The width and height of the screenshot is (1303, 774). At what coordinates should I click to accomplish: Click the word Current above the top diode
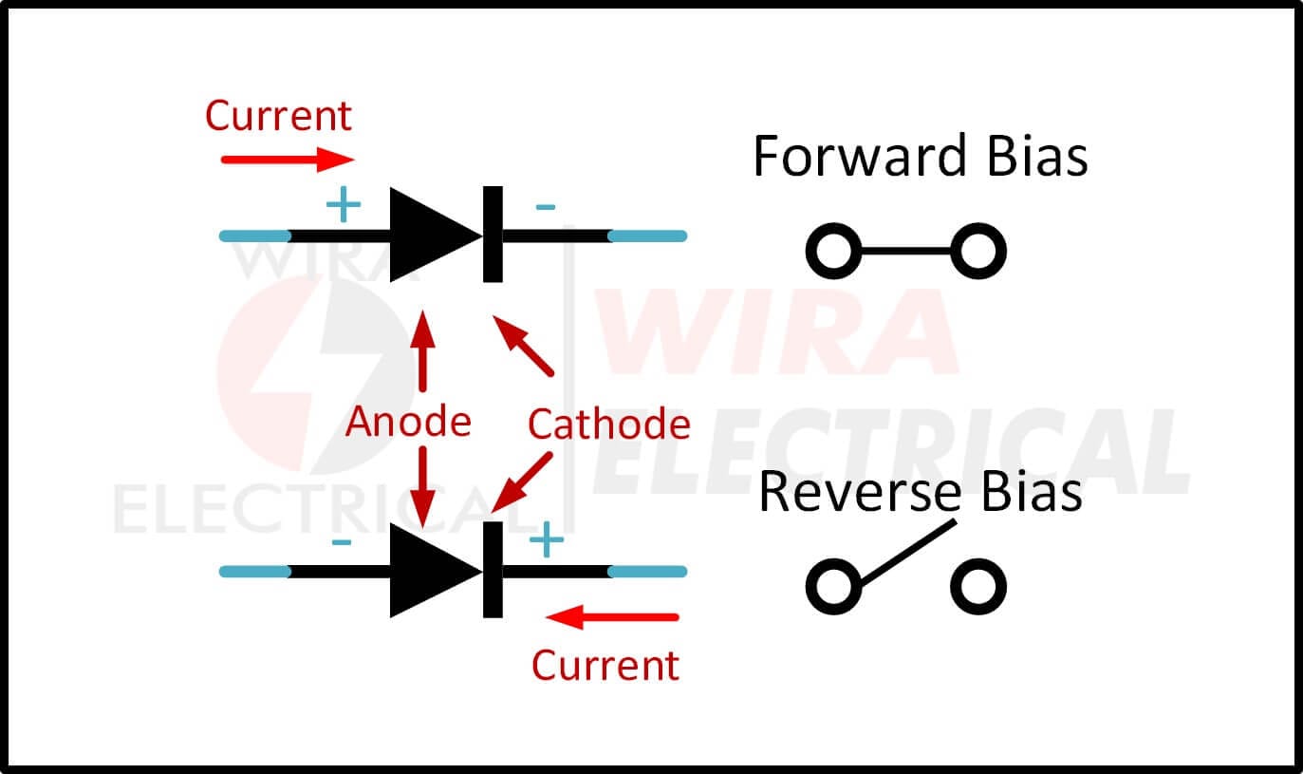(278, 116)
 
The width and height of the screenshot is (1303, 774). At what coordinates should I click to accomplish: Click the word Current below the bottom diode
(605, 665)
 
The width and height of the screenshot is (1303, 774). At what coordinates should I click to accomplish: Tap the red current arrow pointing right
(288, 160)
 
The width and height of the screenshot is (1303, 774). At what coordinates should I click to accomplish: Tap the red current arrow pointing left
(612, 617)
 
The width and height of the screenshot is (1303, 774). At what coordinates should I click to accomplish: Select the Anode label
(408, 421)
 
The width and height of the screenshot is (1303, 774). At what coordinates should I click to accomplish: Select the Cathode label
(609, 424)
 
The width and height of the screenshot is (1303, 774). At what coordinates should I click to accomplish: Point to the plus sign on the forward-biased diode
(344, 204)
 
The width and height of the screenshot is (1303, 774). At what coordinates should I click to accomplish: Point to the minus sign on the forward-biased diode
(545, 207)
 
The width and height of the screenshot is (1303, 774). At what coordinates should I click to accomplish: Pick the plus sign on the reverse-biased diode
(547, 540)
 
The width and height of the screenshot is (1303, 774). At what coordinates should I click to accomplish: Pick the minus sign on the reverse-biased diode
(342, 542)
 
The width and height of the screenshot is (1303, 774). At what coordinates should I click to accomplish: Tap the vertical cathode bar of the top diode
(493, 235)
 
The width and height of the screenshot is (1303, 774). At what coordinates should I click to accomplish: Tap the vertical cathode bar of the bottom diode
(493, 570)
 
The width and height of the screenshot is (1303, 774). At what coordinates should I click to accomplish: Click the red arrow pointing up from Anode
(423, 351)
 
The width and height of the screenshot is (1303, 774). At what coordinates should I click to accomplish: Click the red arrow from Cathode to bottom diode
(521, 482)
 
